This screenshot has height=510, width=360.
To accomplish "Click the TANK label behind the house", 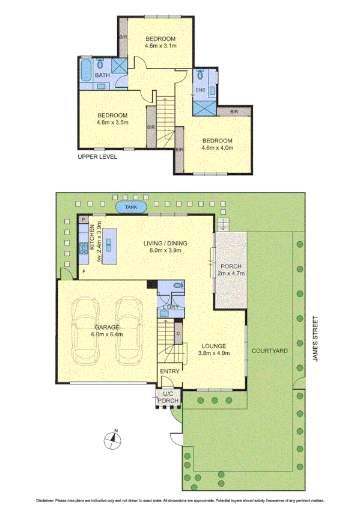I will coord(130,207).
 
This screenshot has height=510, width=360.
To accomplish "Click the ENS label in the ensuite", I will coord(200,91).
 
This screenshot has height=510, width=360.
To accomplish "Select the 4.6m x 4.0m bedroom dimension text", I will coord(216,147).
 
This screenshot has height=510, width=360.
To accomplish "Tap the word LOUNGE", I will coord(213,346).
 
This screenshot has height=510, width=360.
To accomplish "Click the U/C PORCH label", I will coord(165,398).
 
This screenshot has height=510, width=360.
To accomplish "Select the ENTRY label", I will coord(170,371).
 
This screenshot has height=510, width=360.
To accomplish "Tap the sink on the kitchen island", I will coord(109,243).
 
